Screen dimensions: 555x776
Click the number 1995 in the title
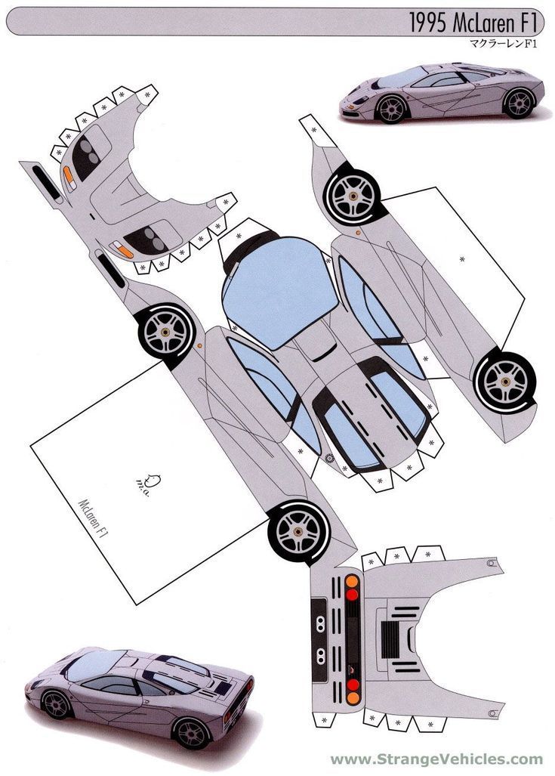428,23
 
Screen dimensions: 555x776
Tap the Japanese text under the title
504,44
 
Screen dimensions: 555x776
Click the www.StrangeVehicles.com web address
436,759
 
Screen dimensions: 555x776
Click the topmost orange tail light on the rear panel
352,581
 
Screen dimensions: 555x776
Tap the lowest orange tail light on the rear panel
353,698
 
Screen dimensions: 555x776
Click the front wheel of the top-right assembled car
391,109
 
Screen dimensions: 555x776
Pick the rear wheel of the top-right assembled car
519,104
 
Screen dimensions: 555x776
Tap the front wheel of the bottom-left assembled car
57,705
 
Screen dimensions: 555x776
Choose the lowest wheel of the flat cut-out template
299,531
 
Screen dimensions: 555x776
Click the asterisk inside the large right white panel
462,259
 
